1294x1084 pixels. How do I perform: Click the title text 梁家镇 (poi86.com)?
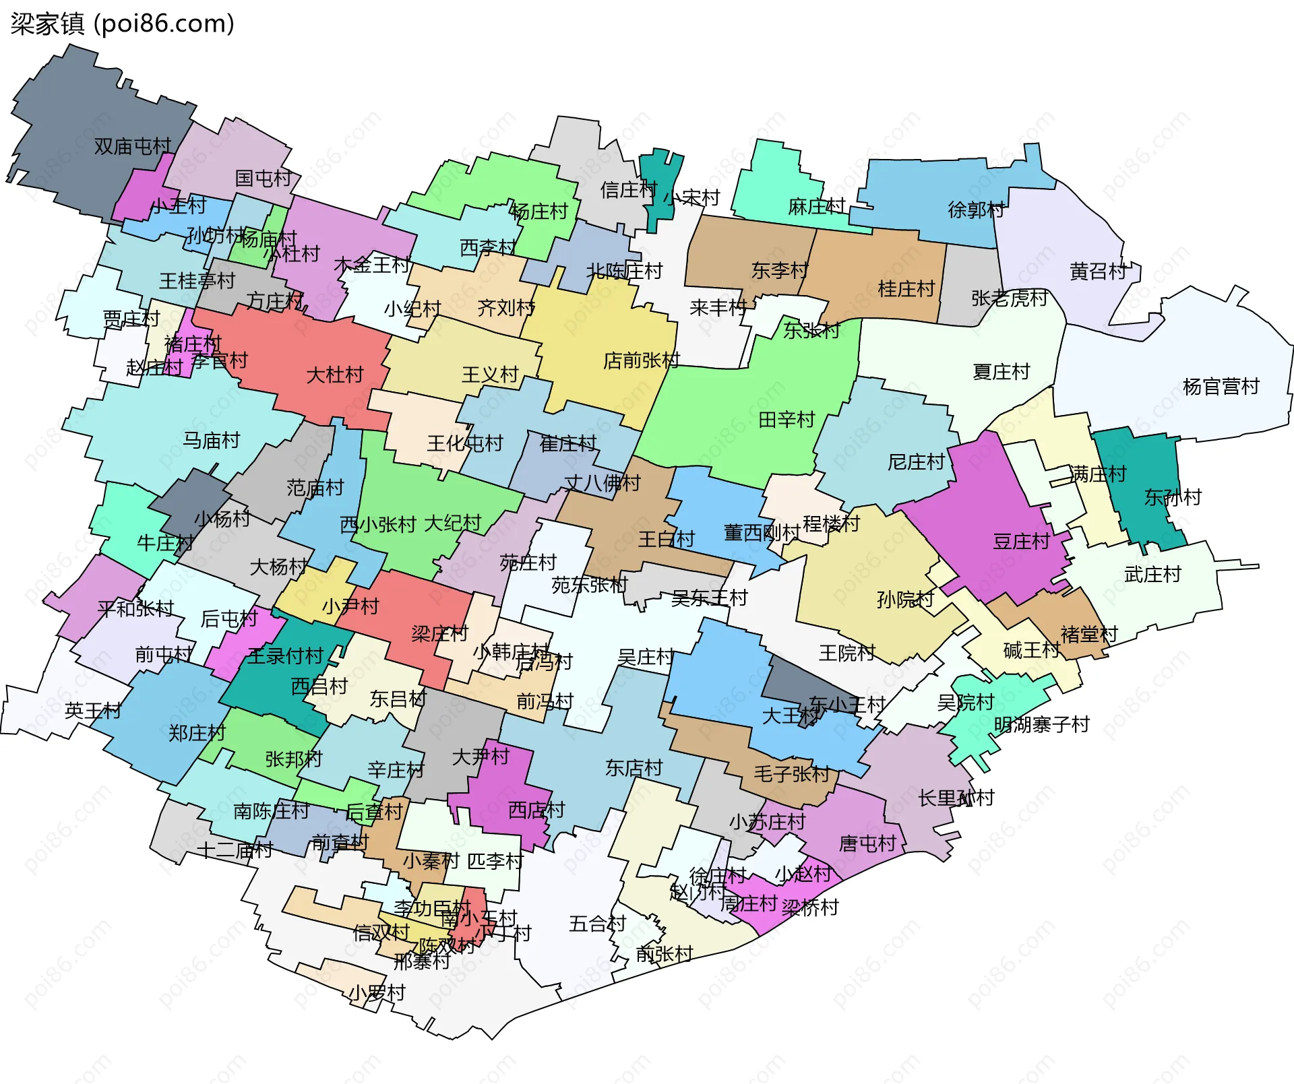click(x=122, y=24)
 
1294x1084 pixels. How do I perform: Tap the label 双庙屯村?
click(x=132, y=146)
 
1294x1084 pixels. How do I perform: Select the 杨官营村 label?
click(x=1221, y=387)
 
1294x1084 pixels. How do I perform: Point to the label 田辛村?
click(x=787, y=420)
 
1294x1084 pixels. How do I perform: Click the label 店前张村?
click(x=641, y=361)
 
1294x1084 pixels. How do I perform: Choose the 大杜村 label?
click(x=334, y=375)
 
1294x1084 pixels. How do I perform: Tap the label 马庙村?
click(x=212, y=441)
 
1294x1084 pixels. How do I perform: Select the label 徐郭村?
click(x=975, y=210)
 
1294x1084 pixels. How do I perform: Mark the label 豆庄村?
click(x=1021, y=542)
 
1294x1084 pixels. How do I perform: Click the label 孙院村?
click(x=904, y=599)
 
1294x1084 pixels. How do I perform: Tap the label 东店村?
click(x=634, y=768)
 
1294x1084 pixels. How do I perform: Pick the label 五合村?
click(x=597, y=924)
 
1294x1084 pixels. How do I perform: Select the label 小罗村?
click(x=376, y=993)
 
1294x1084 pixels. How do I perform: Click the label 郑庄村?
click(x=197, y=733)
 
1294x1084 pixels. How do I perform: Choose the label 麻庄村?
click(x=816, y=207)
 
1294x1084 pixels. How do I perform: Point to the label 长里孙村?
click(x=956, y=798)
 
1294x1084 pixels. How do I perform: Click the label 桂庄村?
click(x=906, y=289)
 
